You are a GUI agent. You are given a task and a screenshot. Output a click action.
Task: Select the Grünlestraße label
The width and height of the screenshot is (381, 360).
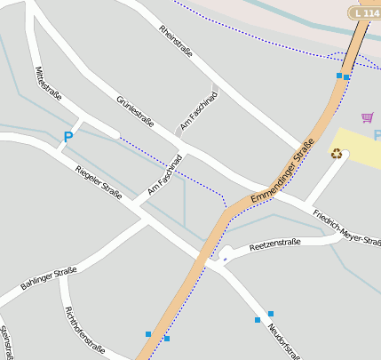pos(135,111)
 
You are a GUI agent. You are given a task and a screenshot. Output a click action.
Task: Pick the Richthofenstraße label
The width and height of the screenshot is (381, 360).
pos(85,331)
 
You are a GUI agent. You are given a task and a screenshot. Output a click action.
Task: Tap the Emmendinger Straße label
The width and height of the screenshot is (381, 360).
pos(282,172)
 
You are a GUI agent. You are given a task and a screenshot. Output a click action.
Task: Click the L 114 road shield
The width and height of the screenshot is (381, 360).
pos(364,12)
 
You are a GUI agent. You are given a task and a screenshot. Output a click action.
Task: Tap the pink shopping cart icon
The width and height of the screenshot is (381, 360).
pos(367,116)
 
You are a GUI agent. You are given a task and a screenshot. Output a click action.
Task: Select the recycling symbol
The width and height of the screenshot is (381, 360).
pos(337,153)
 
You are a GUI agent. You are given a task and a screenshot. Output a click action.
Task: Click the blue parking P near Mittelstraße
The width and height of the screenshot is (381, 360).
pos(67,137)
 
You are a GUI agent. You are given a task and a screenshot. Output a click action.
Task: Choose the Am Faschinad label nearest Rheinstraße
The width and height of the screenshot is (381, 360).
pos(198,113)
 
